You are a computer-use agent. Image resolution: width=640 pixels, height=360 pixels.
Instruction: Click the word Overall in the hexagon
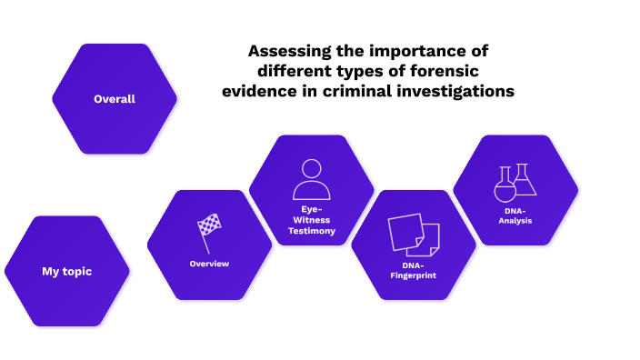coord(115,98)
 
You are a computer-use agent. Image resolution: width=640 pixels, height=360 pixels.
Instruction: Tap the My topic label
coord(66,271)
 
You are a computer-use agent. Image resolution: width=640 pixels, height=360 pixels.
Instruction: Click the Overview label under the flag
coord(209,264)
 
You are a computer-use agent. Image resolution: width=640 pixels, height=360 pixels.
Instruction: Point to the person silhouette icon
coord(312,180)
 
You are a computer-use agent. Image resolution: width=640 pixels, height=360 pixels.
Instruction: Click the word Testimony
coord(312,231)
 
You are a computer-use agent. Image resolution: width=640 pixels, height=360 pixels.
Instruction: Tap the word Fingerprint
coord(414,274)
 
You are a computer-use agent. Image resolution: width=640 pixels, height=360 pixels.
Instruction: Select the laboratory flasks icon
coord(515,184)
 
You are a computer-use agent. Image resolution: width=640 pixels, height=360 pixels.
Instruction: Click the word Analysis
coord(515,220)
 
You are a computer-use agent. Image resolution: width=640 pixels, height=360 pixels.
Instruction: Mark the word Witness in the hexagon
coord(312,219)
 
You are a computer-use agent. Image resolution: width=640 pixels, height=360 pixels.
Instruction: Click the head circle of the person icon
coord(312,168)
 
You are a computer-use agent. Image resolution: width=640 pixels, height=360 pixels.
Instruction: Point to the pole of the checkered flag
coord(205,242)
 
